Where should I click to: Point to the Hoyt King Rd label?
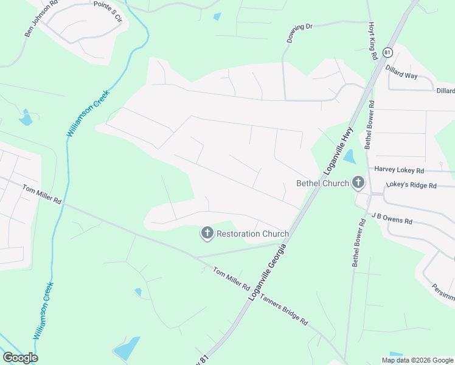tap(372, 41)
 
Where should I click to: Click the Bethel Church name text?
tap(322, 182)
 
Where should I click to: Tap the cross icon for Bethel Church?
tap(358, 182)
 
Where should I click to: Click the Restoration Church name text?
tap(252, 233)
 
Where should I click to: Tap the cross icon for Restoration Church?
tap(207, 232)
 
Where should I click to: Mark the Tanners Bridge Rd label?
tap(283, 310)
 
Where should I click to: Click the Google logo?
tap(20, 358)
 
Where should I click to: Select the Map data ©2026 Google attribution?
tap(417, 360)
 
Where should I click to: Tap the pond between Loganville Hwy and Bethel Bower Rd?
tap(349, 157)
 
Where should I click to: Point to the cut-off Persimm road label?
tap(443, 292)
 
